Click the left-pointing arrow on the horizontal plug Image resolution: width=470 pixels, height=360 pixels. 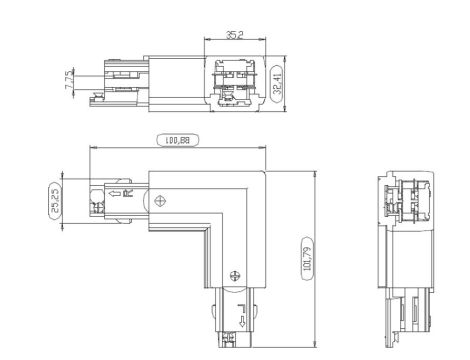click(116, 192)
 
